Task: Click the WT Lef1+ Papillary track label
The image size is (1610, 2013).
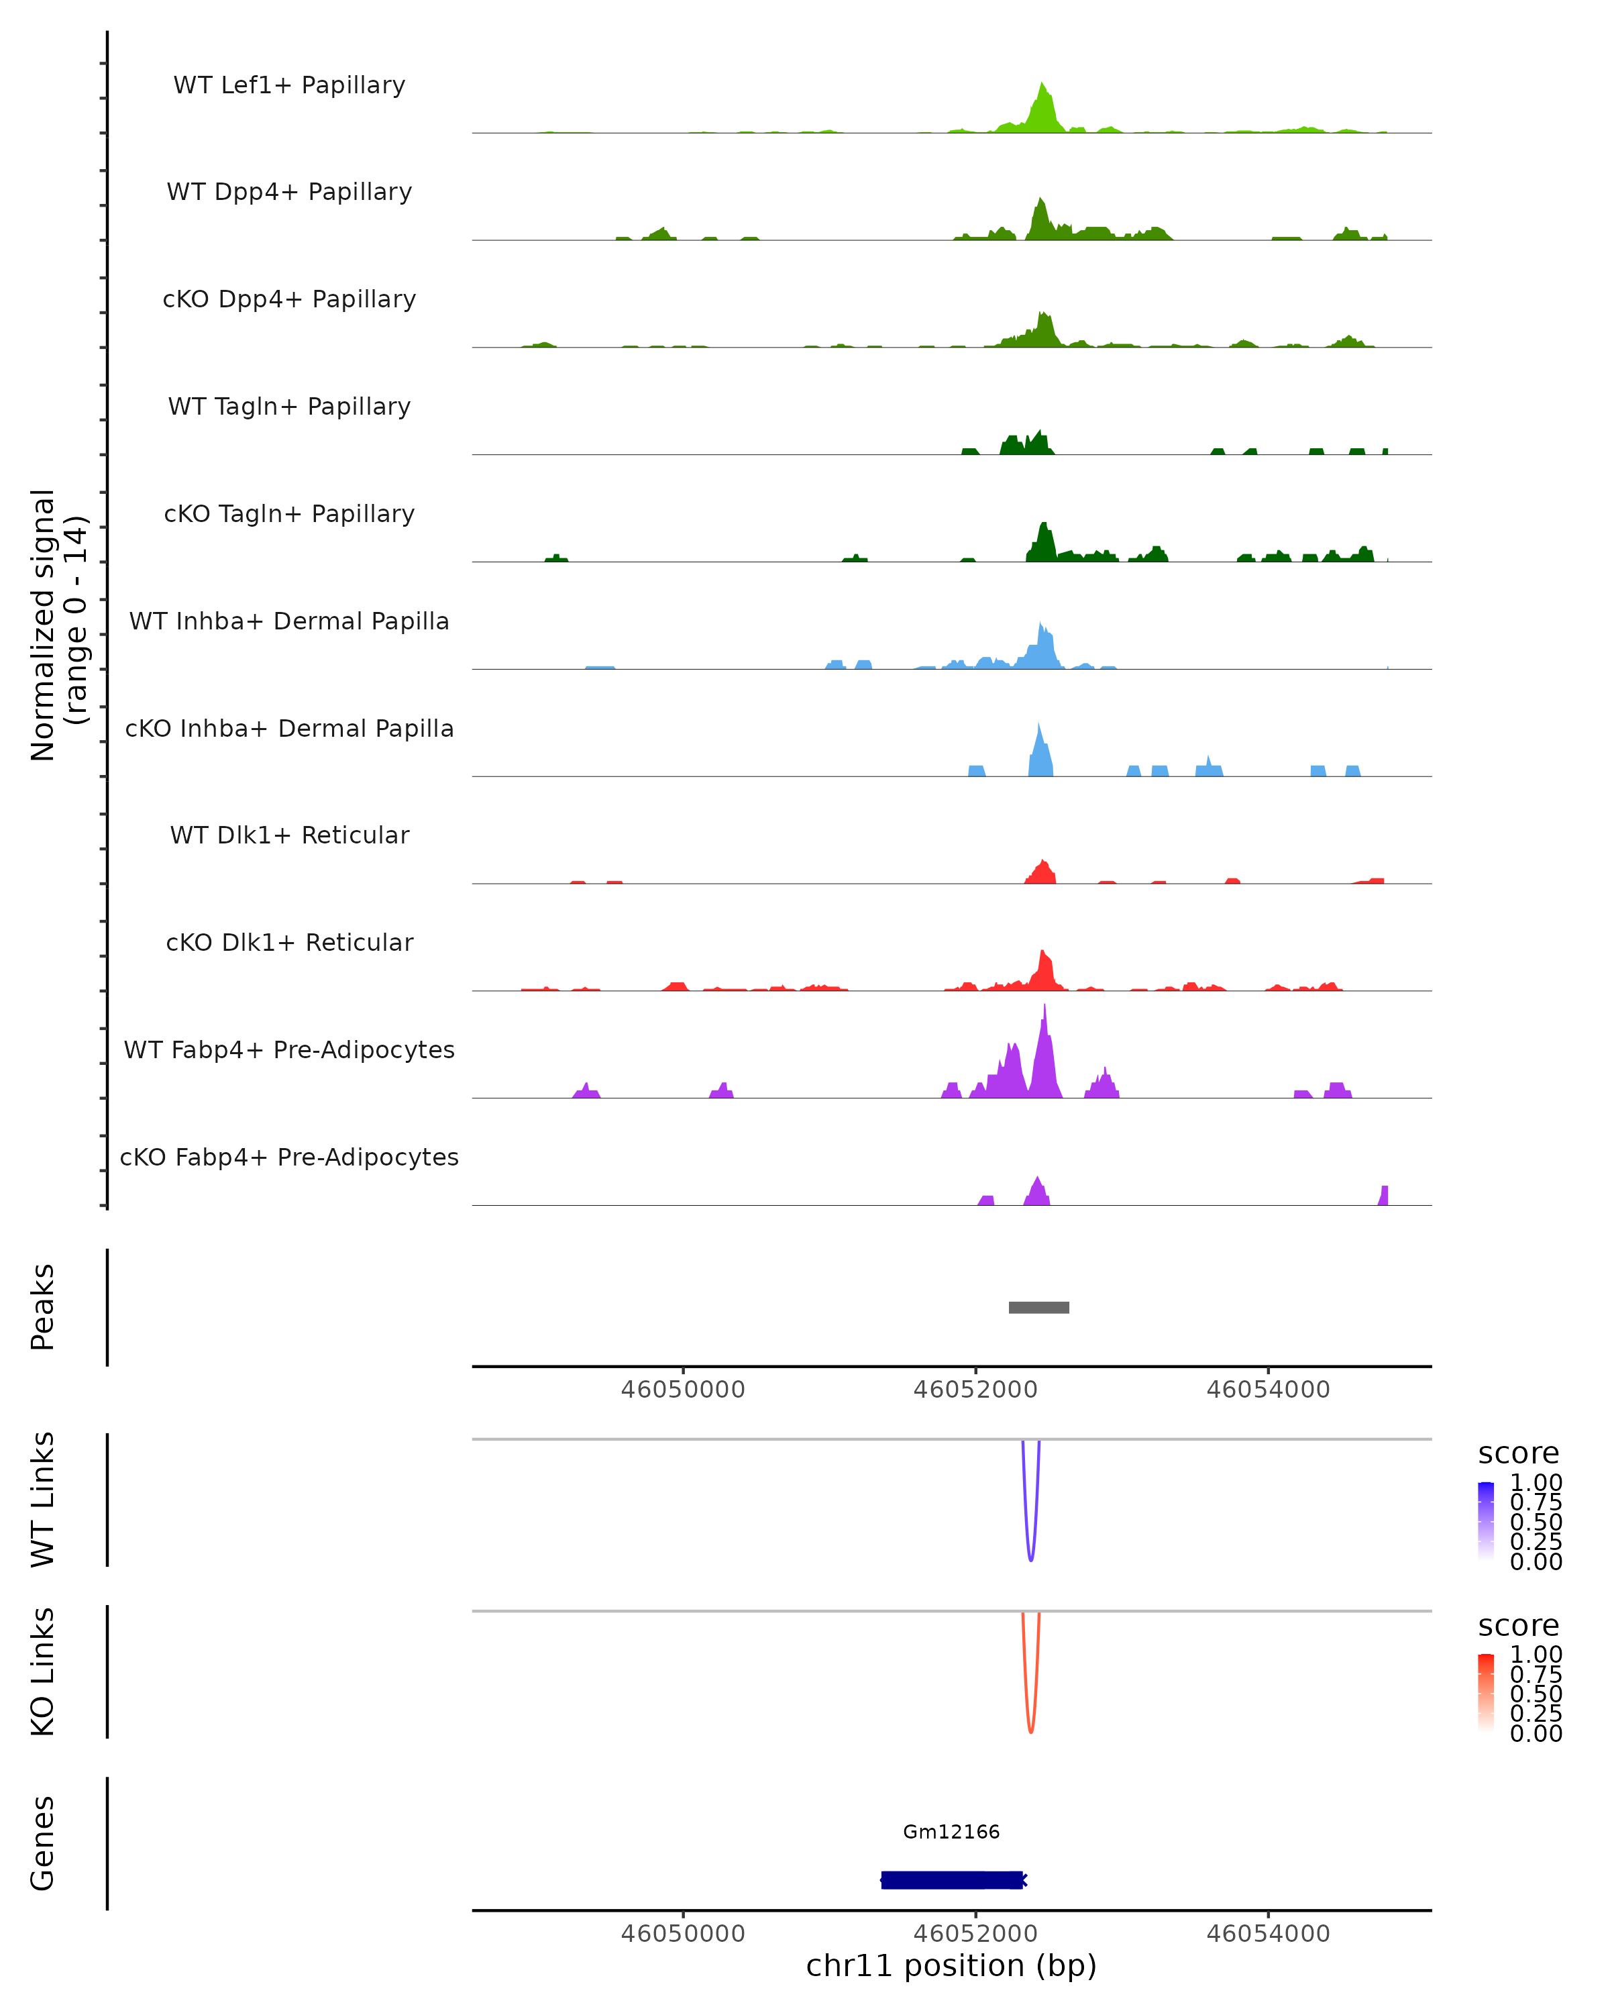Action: pyautogui.click(x=289, y=85)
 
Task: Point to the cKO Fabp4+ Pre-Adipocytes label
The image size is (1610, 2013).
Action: pyautogui.click(x=289, y=1157)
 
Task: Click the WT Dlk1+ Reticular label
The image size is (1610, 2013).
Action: pyautogui.click(x=289, y=835)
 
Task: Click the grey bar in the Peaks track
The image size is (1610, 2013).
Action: pyautogui.click(x=1039, y=1307)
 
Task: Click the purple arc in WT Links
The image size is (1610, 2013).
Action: pyautogui.click(x=1030, y=1550)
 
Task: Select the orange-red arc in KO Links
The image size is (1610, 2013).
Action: pyautogui.click(x=1030, y=1722)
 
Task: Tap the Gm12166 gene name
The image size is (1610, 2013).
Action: pyautogui.click(x=951, y=1832)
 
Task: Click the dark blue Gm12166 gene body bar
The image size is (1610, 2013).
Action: pyautogui.click(x=951, y=1879)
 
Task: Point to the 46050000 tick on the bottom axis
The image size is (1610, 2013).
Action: pyautogui.click(x=683, y=1932)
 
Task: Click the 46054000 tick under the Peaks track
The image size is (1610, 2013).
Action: pyautogui.click(x=1267, y=1390)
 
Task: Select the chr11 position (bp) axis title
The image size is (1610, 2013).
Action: pyautogui.click(x=951, y=1966)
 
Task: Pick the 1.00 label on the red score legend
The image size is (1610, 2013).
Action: pyautogui.click(x=1536, y=1653)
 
